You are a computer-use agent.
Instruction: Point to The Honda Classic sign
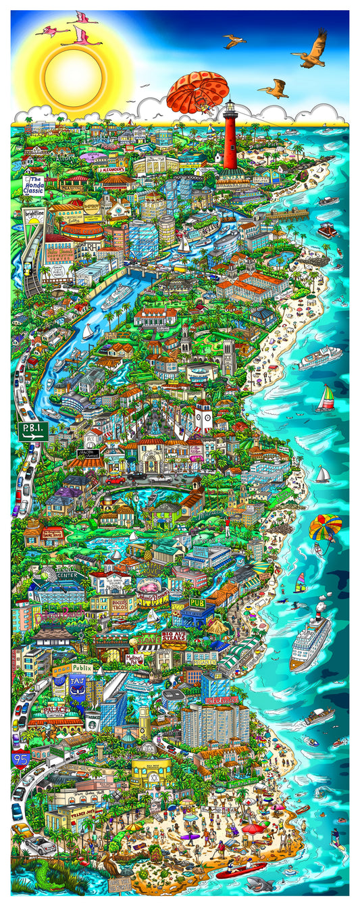[x=34, y=184]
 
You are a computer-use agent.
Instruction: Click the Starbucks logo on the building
[x=90, y=716]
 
